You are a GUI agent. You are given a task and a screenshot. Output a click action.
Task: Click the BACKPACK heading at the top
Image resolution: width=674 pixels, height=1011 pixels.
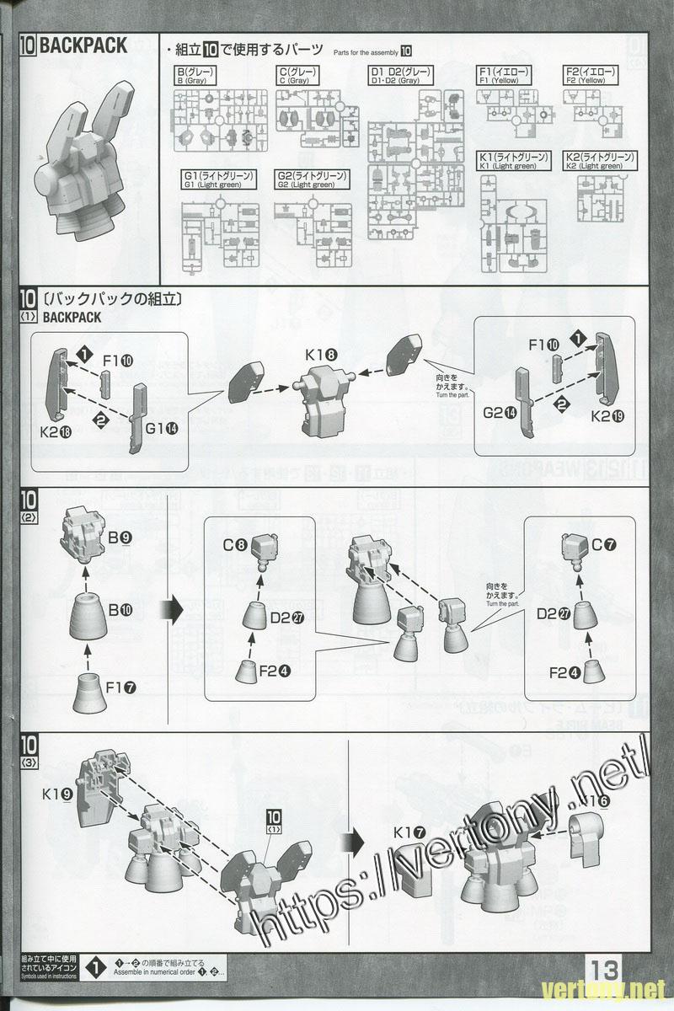coord(83,45)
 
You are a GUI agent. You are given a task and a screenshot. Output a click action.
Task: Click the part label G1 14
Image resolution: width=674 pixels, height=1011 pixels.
coord(161,429)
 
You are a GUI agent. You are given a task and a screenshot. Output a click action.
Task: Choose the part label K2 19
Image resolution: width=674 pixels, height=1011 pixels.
coord(607,416)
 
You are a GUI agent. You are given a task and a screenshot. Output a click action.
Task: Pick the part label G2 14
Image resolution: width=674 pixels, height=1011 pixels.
coord(500,413)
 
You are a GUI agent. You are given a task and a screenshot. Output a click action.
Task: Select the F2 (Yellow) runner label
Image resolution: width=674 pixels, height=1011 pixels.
coord(591,76)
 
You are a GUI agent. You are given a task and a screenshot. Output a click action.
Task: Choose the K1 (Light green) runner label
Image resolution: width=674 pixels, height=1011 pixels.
coord(513,161)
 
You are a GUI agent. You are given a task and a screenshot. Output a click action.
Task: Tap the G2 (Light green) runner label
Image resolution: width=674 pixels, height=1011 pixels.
coord(312,179)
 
